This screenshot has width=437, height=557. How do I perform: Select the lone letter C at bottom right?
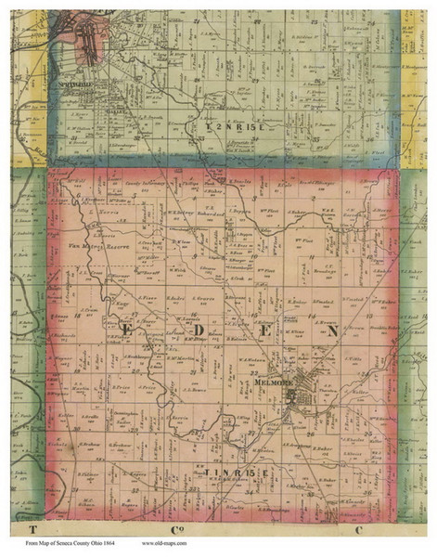click(x=356, y=527)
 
